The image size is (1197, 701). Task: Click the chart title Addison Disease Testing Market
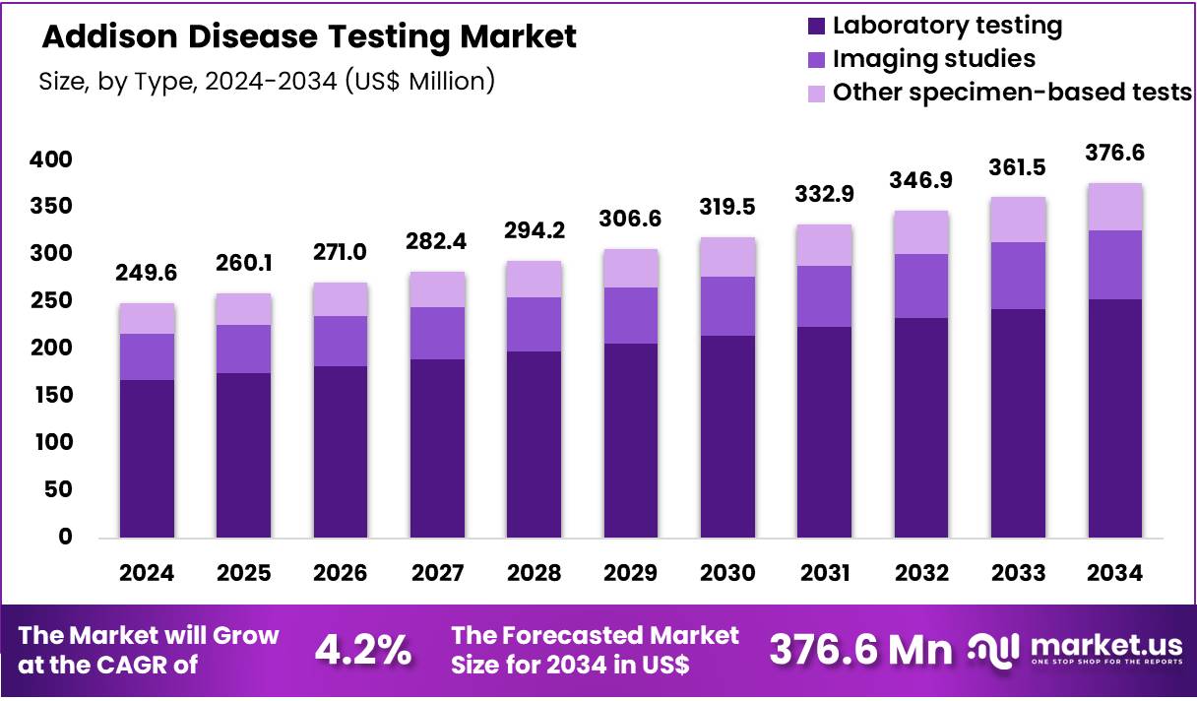click(x=308, y=37)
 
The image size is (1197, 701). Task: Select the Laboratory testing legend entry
click(x=947, y=26)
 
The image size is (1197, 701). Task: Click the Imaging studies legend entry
click(x=933, y=59)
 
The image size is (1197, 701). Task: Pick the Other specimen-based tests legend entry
click(x=1012, y=93)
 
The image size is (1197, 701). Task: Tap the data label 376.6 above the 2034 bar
click(x=1114, y=154)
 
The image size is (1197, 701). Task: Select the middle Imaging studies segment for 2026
click(x=341, y=341)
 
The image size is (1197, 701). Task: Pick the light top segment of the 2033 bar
click(x=1018, y=219)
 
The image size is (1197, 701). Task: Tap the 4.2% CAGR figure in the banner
click(x=363, y=650)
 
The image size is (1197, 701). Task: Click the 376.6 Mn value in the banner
click(x=860, y=650)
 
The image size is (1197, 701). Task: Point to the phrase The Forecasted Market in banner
click(x=595, y=636)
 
